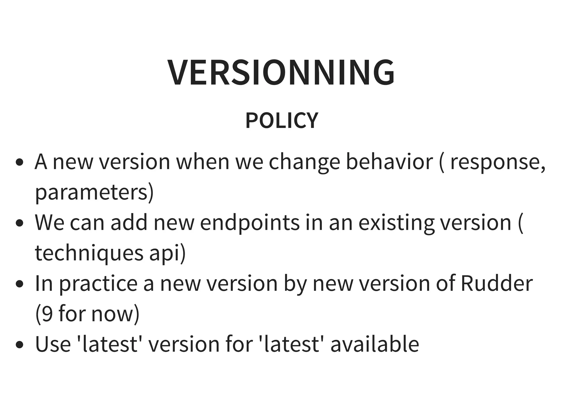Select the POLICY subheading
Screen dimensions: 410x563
coord(281,120)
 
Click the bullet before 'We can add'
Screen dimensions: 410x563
coord(19,223)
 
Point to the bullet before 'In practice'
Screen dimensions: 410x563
coord(19,284)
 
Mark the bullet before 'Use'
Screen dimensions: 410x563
coord(19,345)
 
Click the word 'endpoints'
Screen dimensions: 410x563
coord(250,223)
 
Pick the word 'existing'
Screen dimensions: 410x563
coord(396,223)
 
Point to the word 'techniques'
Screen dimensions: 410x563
coord(89,253)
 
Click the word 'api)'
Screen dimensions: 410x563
coord(167,253)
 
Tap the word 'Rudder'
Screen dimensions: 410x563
coord(496,283)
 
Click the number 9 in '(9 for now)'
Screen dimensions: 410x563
coord(47,314)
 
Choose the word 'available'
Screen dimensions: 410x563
coord(375,344)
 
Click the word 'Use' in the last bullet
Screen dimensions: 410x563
coord(53,344)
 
